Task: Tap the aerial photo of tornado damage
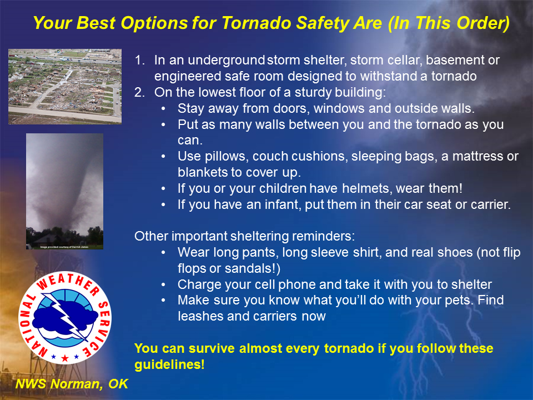tap(65, 87)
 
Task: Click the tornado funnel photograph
tap(64, 191)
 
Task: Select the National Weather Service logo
tap(65, 318)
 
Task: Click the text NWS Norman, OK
tap(72, 384)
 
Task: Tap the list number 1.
tap(139, 60)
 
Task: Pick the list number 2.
tap(139, 92)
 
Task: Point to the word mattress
tap(478, 156)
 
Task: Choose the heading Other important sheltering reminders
tap(244, 236)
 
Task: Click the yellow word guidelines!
tap(169, 364)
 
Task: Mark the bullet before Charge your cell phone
tap(163, 285)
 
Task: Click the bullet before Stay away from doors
tap(163, 109)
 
